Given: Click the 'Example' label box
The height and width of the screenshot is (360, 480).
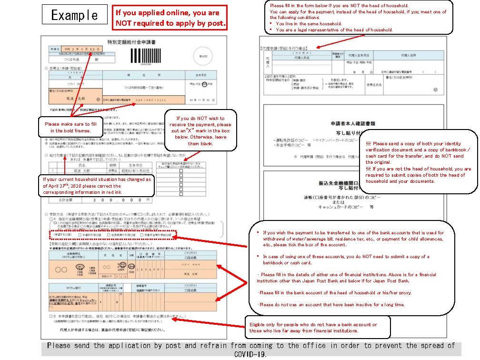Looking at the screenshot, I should coord(74,15).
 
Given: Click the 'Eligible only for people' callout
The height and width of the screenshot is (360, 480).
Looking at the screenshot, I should coord(317,328).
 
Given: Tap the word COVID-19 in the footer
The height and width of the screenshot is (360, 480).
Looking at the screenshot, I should coord(250,354).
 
